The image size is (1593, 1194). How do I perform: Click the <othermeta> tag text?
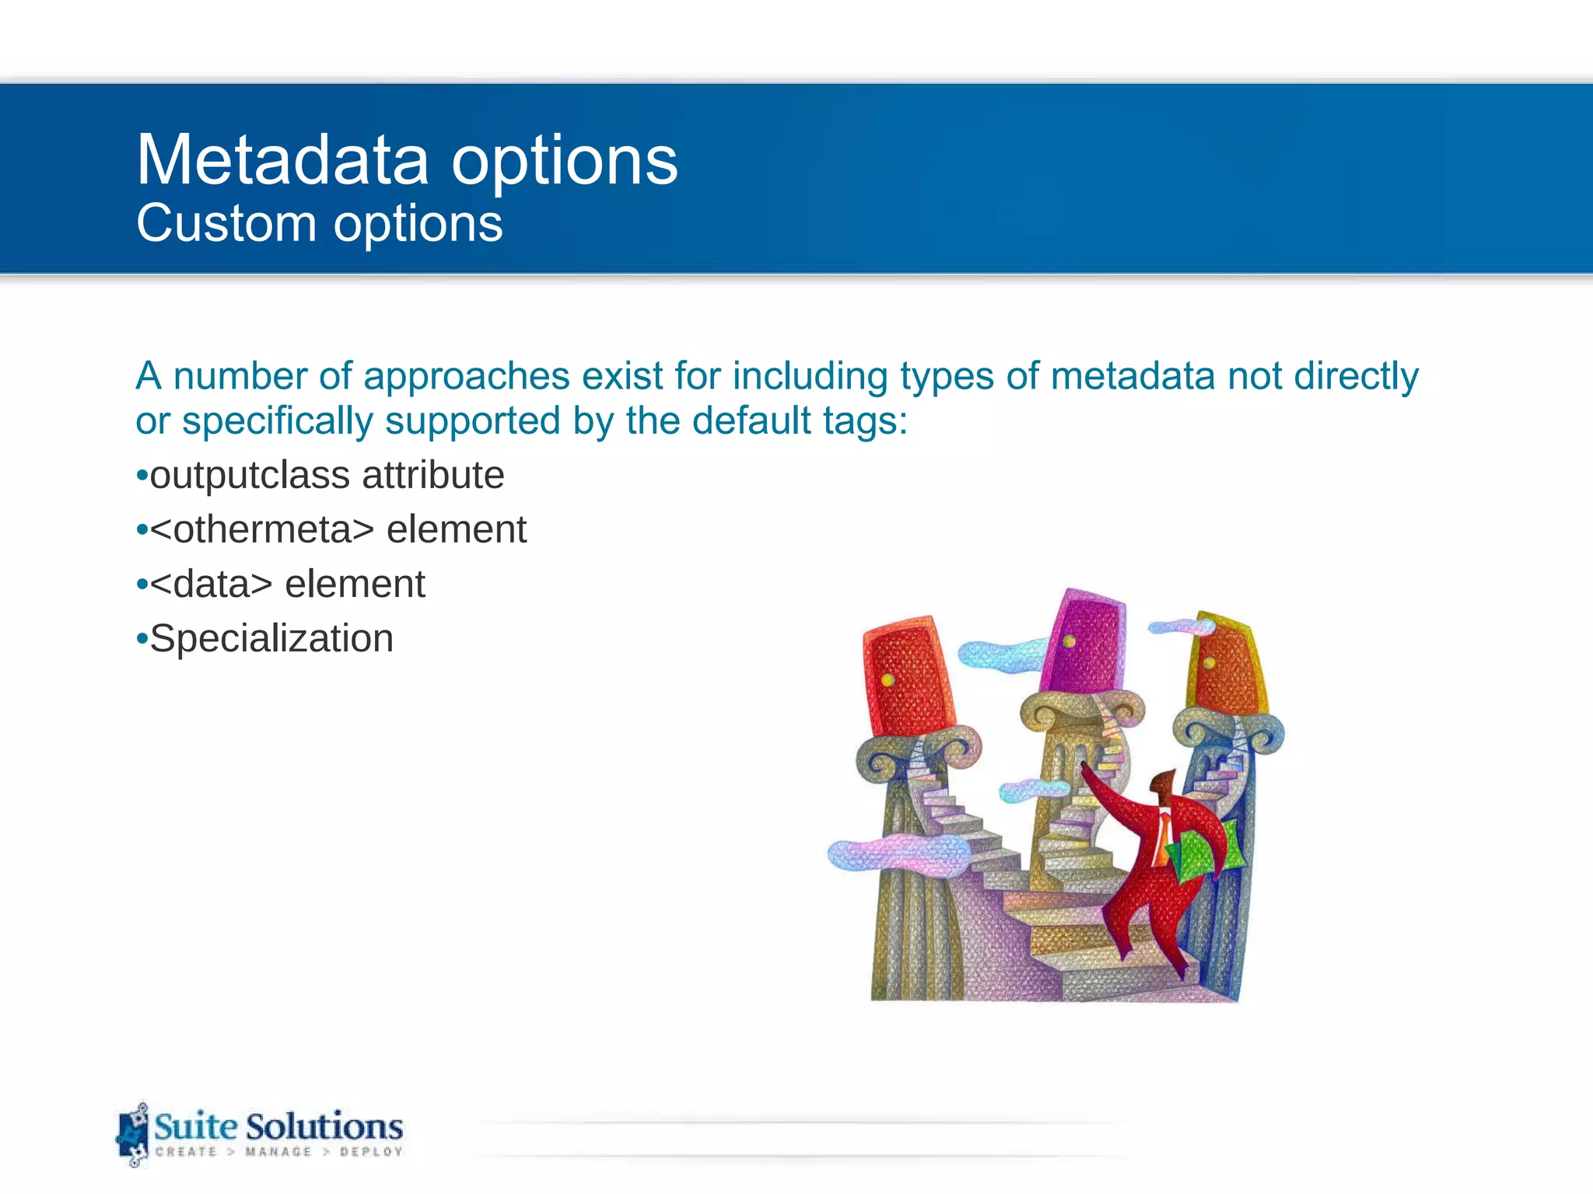pyautogui.click(x=262, y=530)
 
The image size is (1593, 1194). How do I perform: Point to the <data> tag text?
pyautogui.click(x=211, y=585)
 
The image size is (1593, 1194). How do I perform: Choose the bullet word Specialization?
pyautogui.click(x=271, y=639)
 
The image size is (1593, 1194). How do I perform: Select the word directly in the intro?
pyautogui.click(x=1356, y=376)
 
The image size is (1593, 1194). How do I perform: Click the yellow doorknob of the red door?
pyautogui.click(x=888, y=681)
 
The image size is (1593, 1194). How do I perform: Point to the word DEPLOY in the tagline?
pyautogui.click(x=371, y=1152)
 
